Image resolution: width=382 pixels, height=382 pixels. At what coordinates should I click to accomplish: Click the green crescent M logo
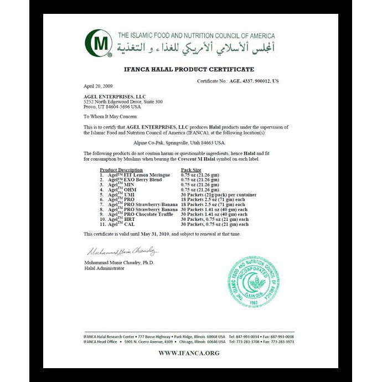98,43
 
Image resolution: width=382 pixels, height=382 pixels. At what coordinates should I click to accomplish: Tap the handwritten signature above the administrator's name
117,252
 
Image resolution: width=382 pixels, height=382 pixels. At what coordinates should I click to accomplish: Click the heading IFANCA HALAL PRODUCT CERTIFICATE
189,69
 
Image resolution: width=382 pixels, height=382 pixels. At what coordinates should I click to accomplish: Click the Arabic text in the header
197,48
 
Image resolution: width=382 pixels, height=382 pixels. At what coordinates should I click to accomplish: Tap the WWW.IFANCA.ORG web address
189,353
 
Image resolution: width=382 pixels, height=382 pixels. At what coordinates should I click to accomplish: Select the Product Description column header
121,170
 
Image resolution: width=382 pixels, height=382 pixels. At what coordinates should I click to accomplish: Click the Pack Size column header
191,170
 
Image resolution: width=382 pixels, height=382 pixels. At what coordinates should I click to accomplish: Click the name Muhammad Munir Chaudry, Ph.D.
118,262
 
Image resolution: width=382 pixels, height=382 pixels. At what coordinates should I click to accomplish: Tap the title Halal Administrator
104,268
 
